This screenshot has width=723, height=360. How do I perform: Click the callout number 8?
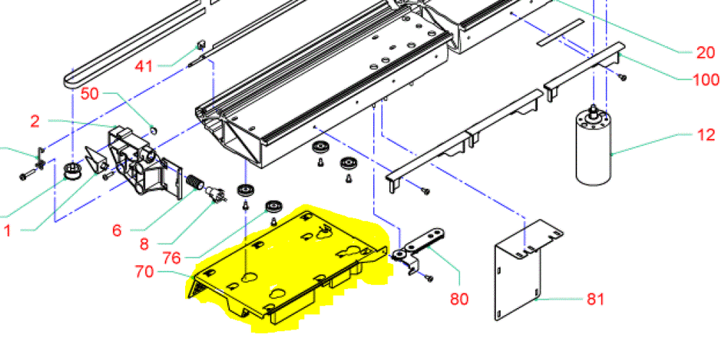[144, 244]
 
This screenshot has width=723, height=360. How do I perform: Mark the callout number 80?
[460, 297]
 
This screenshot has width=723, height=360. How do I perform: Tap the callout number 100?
[706, 80]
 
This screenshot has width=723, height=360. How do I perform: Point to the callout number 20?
[705, 51]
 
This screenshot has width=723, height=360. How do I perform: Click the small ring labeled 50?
[153, 130]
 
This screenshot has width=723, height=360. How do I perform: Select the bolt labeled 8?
[214, 194]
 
